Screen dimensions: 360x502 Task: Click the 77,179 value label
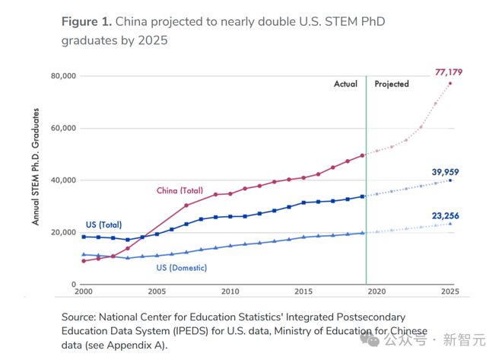pyautogui.click(x=448, y=72)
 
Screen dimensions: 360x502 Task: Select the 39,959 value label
pyautogui.click(x=448, y=173)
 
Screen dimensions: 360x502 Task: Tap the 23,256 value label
pyautogui.click(x=448, y=216)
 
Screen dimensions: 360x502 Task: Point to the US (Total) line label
pyautogui.click(x=103, y=225)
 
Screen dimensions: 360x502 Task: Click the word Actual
pyautogui.click(x=346, y=84)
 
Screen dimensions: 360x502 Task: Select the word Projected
pyautogui.click(x=392, y=84)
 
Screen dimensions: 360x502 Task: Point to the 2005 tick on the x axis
pyautogui.click(x=157, y=292)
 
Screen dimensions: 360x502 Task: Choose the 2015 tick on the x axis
pyautogui.click(x=303, y=292)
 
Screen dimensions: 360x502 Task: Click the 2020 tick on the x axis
pyautogui.click(x=377, y=292)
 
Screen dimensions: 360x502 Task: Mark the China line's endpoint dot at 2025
pyautogui.click(x=450, y=83)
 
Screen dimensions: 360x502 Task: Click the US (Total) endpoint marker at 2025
pyautogui.click(x=450, y=180)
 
